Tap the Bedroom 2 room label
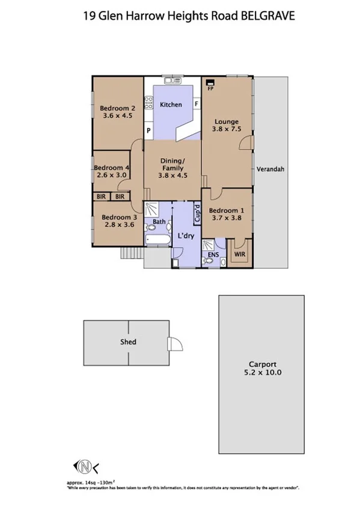coord(118,108)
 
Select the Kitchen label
coord(171,105)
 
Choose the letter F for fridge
coord(196,104)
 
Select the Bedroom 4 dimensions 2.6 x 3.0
coord(111,176)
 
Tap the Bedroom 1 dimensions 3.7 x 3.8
coord(225,219)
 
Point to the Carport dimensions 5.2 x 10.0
coord(263,372)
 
